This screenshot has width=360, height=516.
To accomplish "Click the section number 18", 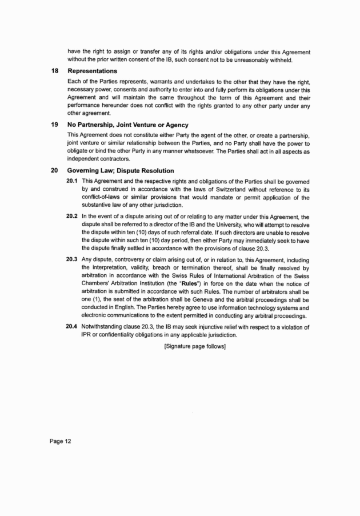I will pos(54,71).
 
